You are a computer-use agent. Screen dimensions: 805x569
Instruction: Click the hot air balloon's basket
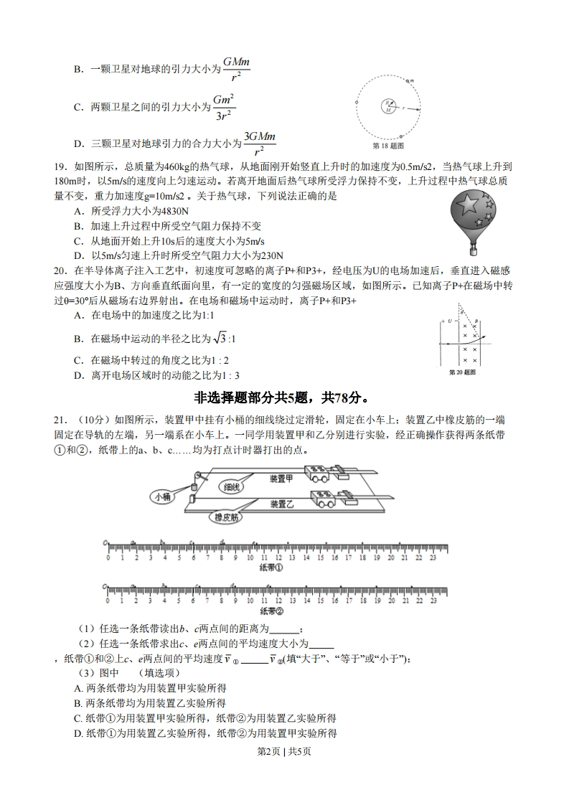(473, 250)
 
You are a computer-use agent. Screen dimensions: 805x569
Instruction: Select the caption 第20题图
(462, 373)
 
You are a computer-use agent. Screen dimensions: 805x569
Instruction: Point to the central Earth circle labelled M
(387, 106)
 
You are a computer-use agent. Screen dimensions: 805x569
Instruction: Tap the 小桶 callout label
(161, 495)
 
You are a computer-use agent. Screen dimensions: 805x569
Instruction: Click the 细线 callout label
(232, 486)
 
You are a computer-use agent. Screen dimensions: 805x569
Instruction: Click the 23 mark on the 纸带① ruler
(433, 557)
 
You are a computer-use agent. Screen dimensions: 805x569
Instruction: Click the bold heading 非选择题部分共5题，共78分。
(284, 397)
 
